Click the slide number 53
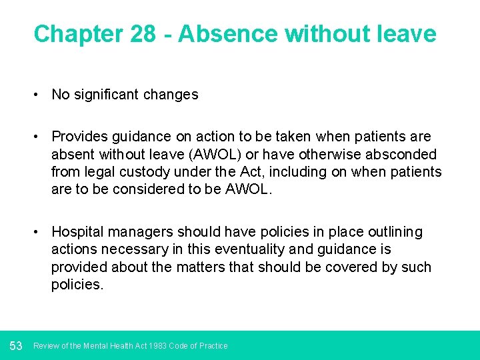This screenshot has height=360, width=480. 17,345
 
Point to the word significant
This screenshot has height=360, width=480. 106,95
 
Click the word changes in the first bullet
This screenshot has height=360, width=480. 171,95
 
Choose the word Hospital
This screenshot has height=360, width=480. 77,232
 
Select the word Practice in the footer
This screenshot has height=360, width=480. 213,346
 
